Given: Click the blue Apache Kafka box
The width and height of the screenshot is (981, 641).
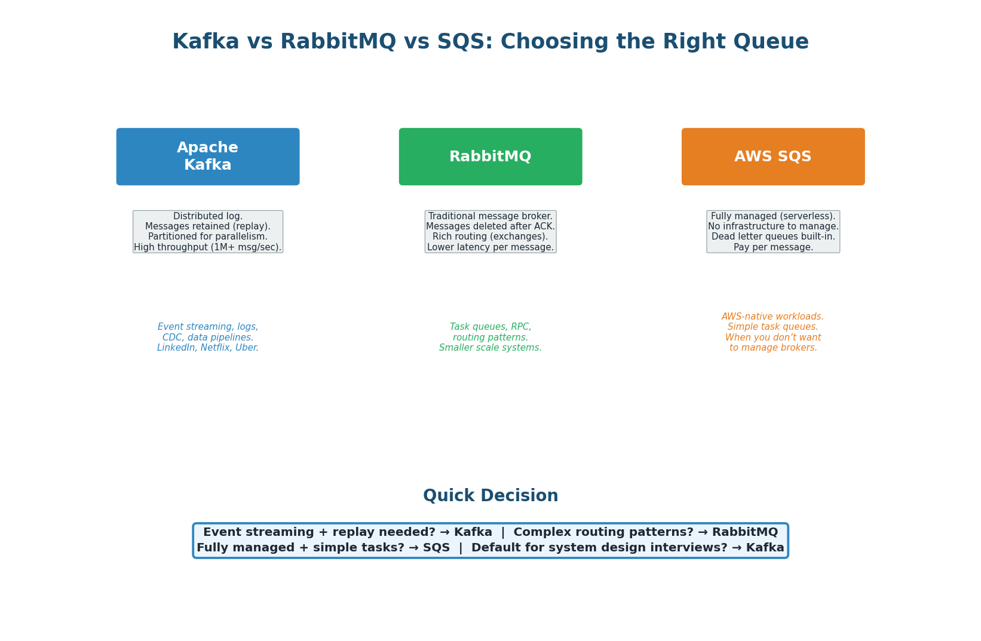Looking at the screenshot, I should (207, 157).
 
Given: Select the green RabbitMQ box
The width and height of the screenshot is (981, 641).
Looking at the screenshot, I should (490, 157).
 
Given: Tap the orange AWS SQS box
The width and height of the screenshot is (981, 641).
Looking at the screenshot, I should (772, 157).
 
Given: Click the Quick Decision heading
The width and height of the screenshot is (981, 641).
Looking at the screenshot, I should (490, 496).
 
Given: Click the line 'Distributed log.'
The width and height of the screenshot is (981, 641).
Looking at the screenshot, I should (207, 216).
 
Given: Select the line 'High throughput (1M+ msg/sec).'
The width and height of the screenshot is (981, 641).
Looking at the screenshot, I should (207, 247).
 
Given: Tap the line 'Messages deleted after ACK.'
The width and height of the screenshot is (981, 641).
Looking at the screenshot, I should (490, 226).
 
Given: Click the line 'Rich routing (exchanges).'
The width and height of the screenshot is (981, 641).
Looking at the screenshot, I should (490, 237).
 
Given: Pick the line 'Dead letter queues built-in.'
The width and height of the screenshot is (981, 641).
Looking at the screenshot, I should (772, 237).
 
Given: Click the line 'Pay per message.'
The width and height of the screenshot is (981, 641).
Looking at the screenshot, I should (772, 247).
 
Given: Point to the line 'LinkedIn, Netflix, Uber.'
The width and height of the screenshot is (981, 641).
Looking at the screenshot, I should (207, 348).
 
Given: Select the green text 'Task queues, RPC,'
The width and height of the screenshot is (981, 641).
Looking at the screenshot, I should (490, 327).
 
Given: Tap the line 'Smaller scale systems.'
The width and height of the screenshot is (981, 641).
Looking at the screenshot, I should (490, 348).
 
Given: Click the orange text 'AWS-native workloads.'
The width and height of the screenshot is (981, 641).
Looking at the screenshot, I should (772, 317).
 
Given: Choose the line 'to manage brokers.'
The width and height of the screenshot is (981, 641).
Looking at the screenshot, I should (772, 348).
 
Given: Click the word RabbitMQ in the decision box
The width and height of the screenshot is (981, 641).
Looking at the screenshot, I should (744, 532).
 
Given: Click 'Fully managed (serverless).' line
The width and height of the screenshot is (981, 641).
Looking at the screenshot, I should (772, 216).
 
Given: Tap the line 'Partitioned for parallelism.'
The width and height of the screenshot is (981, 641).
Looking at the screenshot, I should (207, 237).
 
